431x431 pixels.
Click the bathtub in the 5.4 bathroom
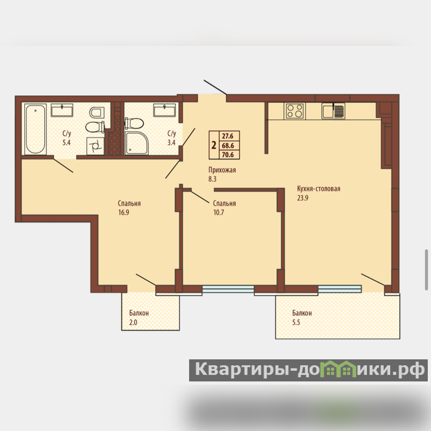pos(35,129)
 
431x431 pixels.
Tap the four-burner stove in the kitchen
pos(295,111)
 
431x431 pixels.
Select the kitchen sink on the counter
pos(333,111)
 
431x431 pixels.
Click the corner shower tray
pos(137,143)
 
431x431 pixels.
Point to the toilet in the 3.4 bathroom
pos(134,123)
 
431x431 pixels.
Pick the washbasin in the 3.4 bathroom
pos(164,110)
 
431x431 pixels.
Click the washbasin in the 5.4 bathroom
pos(62,110)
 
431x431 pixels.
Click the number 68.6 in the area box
pos(228,145)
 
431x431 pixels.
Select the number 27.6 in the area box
pos(227,136)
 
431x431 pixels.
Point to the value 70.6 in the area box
pos(228,155)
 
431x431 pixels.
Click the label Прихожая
pos(222,170)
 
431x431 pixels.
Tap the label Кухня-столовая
pos(318,189)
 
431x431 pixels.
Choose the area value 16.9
pos(124,212)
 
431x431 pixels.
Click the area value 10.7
pos(219,212)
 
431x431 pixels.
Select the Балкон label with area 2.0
pos(139,313)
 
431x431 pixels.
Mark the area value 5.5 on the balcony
pos(296,322)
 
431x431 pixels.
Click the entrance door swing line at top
pos(215,87)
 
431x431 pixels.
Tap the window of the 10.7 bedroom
pos(228,289)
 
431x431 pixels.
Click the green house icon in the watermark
pos(340,369)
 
